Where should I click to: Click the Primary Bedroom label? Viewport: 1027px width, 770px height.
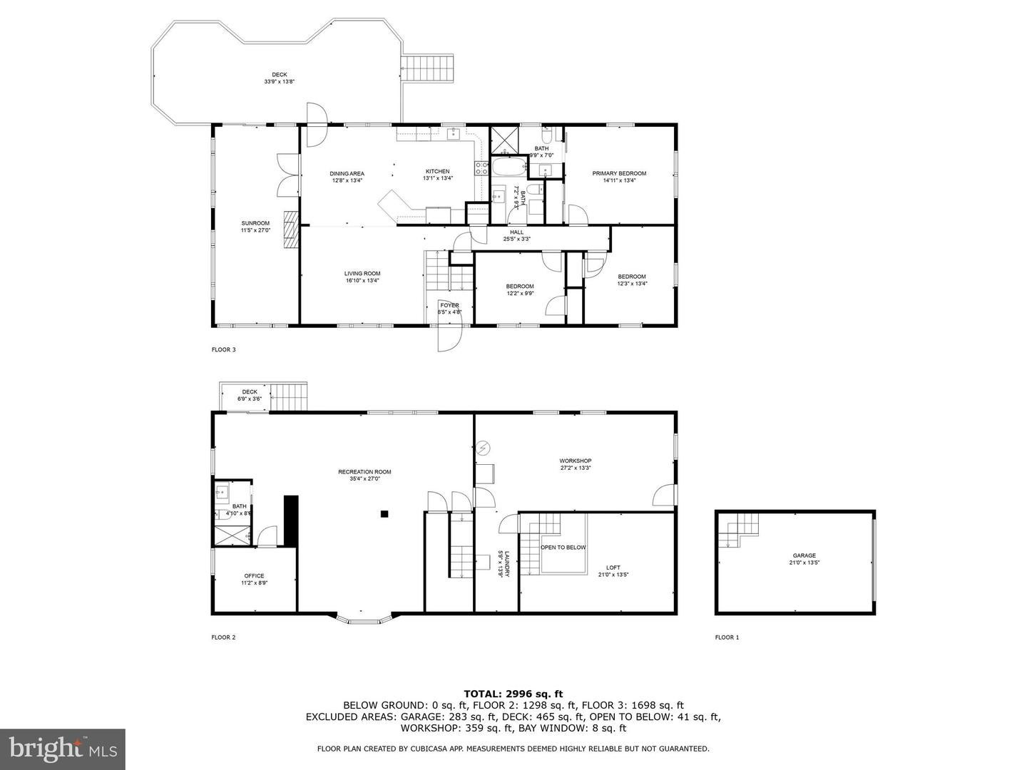[619, 174]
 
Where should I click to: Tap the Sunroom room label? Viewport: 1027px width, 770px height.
[255, 224]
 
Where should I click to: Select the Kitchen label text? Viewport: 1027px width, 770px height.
[438, 172]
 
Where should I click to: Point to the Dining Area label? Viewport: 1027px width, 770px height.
[347, 174]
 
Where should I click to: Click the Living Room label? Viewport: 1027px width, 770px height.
[362, 274]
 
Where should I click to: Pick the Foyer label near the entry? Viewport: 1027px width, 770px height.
[449, 306]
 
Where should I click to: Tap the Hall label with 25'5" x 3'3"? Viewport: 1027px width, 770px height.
[516, 232]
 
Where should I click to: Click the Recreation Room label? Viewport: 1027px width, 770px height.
[364, 472]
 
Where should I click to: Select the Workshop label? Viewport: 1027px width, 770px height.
[575, 461]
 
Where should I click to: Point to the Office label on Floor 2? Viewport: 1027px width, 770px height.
[254, 576]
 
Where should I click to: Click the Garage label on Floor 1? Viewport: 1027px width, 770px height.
[804, 556]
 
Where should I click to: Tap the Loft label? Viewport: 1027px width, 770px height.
[613, 568]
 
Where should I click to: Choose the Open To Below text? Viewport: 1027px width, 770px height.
[563, 548]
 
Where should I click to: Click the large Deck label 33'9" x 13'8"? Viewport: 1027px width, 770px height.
[279, 75]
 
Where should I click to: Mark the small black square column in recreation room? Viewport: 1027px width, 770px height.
[384, 513]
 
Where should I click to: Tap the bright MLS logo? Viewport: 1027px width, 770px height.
[63, 749]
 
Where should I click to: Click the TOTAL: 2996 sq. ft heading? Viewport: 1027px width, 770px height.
[513, 693]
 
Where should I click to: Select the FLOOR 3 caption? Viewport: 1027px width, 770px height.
[223, 349]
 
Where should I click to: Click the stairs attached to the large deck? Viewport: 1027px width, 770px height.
[429, 68]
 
